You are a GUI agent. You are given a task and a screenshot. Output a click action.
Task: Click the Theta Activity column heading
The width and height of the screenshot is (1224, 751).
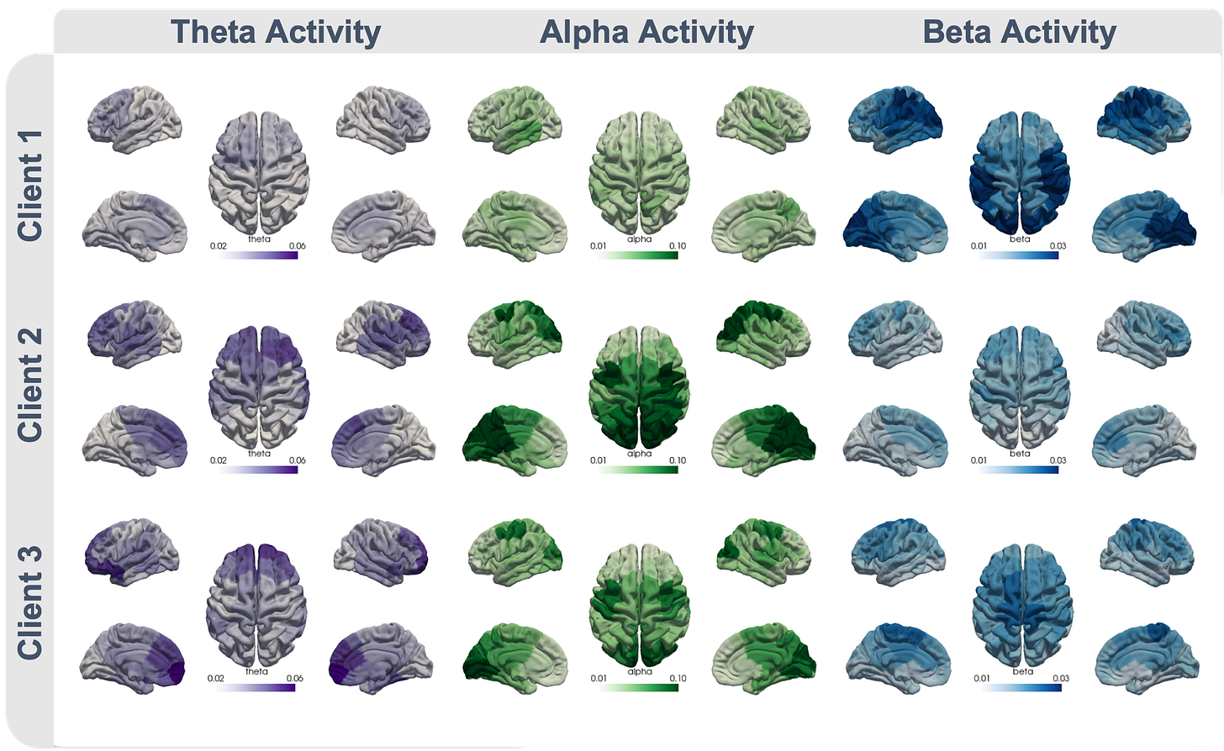click(276, 32)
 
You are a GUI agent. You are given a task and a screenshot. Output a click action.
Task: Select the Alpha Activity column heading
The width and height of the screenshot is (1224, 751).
click(646, 32)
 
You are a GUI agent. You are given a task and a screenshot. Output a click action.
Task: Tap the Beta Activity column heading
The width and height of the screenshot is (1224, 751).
click(1019, 32)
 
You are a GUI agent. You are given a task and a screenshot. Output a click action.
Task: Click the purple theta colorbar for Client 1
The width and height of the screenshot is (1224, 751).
click(258, 255)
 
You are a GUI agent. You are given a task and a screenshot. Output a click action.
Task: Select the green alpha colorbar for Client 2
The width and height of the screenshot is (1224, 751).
click(639, 469)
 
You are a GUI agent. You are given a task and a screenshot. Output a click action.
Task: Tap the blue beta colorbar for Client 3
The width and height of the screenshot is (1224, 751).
click(1021, 687)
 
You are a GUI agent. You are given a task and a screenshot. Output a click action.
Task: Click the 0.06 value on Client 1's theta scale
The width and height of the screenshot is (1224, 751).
click(296, 245)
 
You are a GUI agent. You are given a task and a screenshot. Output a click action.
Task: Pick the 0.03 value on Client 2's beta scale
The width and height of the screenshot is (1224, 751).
click(1057, 460)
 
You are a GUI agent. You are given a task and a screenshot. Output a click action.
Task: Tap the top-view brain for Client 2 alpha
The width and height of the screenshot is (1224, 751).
click(639, 381)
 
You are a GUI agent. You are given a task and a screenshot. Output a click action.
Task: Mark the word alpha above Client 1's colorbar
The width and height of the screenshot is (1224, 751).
click(639, 239)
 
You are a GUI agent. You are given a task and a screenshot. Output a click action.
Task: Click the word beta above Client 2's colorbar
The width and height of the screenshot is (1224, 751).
click(1020, 454)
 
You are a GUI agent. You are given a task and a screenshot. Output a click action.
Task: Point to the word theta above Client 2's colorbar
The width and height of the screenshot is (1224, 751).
click(259, 454)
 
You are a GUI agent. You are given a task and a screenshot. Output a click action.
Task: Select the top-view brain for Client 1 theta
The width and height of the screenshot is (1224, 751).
click(258, 164)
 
